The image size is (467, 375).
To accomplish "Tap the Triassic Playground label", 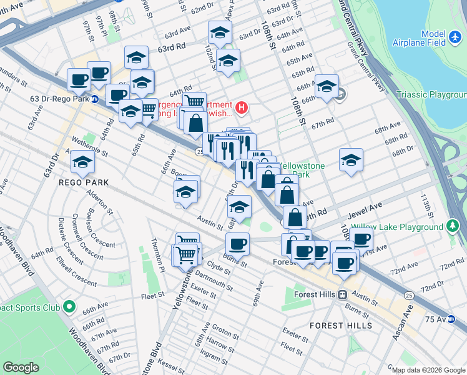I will point(431,95).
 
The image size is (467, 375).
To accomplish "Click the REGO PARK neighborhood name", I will point(84,182).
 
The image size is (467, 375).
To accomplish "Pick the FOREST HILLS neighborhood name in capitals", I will point(341,326).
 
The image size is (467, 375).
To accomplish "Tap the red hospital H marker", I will point(242,108).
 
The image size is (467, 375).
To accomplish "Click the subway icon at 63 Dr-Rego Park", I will point(94,99).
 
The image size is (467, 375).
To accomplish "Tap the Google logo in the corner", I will point(21,367).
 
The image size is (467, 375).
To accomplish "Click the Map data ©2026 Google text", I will point(428,370).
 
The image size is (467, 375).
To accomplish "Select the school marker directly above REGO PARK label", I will point(82,162).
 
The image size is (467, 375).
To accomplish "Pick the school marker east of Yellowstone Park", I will point(351,160).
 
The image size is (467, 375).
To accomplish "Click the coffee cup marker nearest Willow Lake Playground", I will point(361,238).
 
